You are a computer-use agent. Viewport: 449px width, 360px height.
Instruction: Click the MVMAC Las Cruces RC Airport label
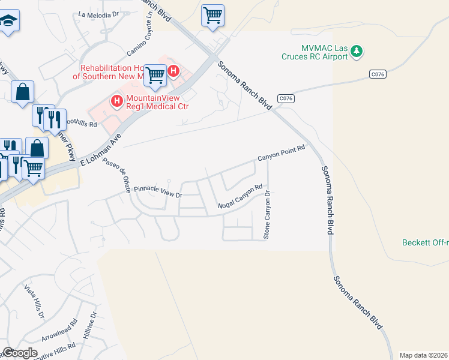(x=315, y=52)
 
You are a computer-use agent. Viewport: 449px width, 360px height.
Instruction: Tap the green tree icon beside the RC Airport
(x=357, y=51)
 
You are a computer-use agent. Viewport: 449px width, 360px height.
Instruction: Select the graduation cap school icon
(x=8, y=22)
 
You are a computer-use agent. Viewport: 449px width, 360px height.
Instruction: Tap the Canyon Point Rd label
(x=282, y=154)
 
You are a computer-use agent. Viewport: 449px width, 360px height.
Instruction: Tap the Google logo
(x=19, y=353)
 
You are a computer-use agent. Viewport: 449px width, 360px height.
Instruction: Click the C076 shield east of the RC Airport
(x=377, y=74)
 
